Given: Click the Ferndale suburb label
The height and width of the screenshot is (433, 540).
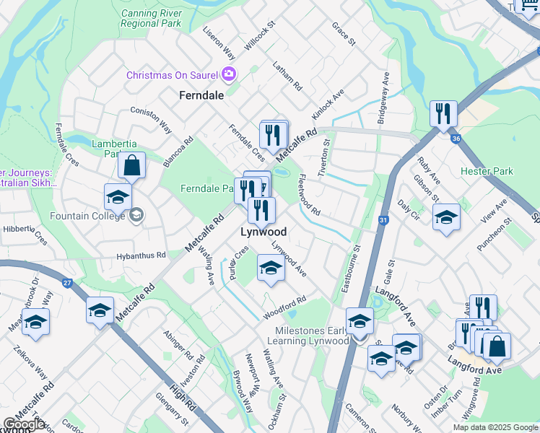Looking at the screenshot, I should [201, 95].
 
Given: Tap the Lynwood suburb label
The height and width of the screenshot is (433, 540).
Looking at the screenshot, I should [264, 232].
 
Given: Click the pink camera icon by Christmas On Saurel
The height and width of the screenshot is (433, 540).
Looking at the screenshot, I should [230, 74].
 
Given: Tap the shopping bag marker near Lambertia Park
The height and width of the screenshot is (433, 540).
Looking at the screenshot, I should [132, 166].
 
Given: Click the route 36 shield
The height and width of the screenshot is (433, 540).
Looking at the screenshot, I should [454, 139].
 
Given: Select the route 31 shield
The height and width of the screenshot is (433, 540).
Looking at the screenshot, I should [383, 221].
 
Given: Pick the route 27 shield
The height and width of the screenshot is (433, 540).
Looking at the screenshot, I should [66, 284].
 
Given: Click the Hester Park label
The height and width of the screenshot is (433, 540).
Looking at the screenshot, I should [487, 172].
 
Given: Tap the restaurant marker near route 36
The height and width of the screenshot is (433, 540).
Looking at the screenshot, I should [443, 113].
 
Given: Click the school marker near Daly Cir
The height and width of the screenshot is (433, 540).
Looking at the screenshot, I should [446, 217].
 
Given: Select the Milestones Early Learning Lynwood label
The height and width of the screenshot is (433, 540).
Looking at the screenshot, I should [313, 335].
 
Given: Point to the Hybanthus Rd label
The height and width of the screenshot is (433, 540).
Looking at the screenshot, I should [141, 256].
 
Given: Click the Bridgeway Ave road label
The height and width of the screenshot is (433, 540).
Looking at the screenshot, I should [383, 98].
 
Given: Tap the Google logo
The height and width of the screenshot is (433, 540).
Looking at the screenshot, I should [24, 424].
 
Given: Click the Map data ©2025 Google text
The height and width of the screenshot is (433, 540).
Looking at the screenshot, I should [495, 427].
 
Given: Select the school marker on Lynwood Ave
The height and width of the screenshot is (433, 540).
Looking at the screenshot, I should [271, 268].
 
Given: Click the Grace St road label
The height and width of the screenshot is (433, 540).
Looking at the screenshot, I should [344, 33].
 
